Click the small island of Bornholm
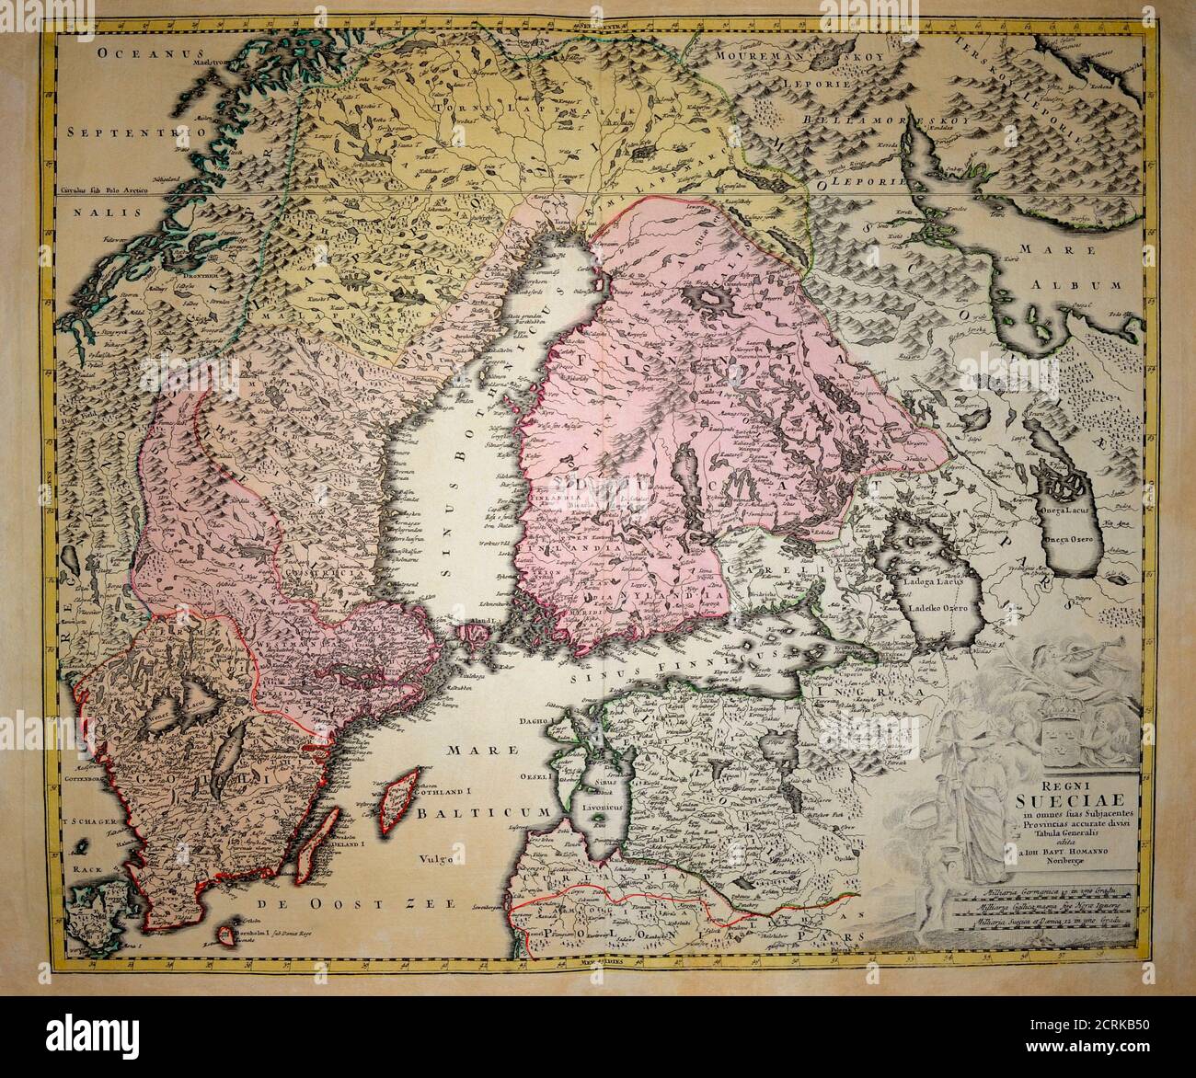tap(226, 934)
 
